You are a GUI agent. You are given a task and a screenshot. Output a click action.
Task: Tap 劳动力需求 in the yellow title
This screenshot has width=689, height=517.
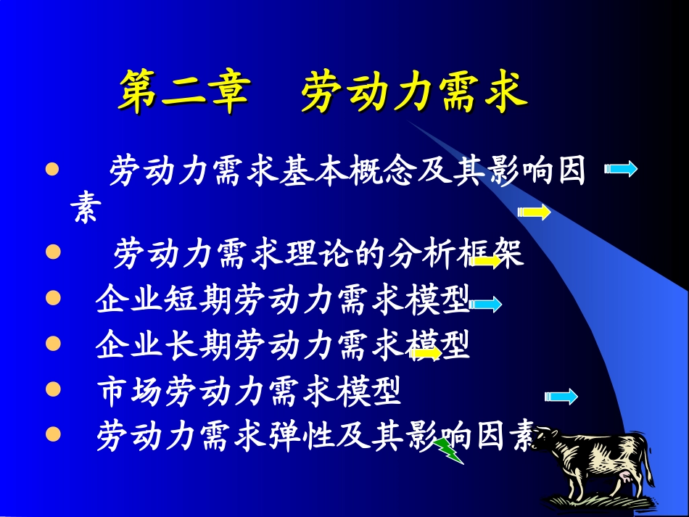414,93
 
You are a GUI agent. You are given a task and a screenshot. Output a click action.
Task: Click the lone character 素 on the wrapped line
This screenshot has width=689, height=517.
86,210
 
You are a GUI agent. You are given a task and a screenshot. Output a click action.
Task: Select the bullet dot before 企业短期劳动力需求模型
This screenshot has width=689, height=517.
51,298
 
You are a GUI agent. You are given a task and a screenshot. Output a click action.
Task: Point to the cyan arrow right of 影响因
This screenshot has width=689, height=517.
621,170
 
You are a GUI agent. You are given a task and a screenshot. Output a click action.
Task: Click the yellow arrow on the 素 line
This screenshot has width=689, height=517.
534,212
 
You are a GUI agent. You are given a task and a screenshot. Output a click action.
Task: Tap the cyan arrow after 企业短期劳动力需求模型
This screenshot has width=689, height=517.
485,305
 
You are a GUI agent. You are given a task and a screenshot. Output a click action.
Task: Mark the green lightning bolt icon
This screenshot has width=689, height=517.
449,450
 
